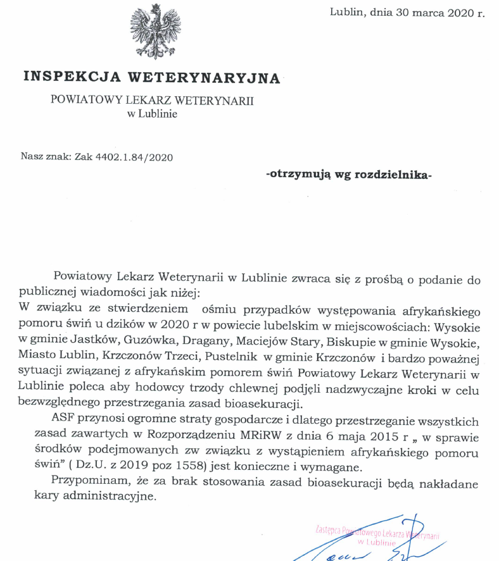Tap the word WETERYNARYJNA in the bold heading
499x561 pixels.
pyautogui.click(x=204, y=78)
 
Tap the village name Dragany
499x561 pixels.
pyautogui.click(x=194, y=342)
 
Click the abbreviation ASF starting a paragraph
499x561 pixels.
pyautogui.click(x=65, y=421)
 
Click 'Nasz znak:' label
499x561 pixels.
pyautogui.click(x=46, y=156)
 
